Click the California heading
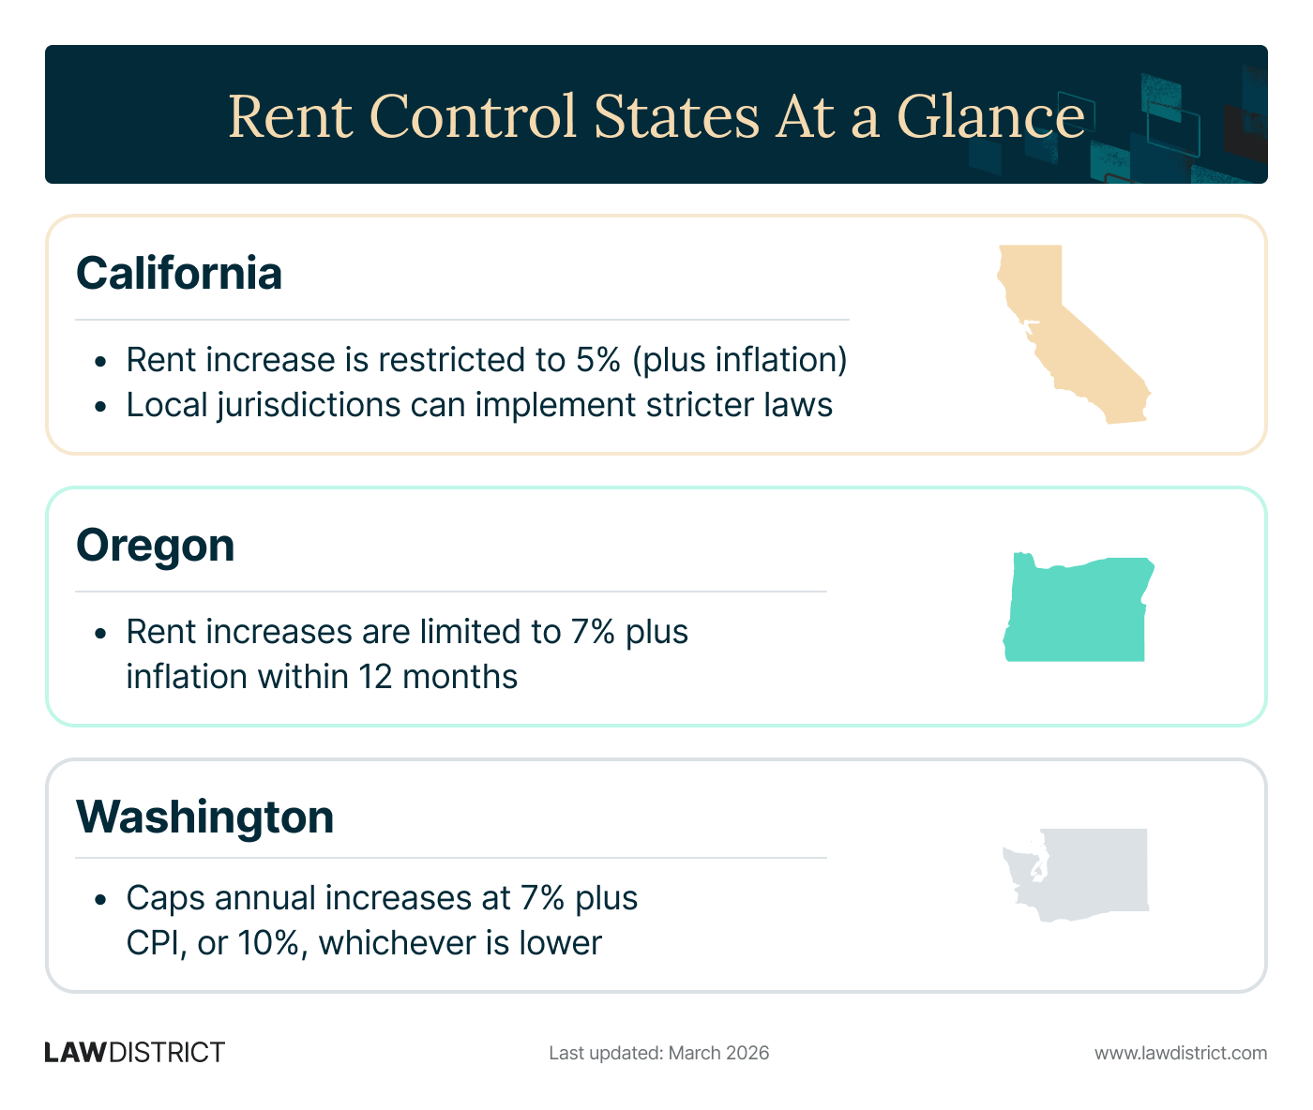[x=178, y=274]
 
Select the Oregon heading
[x=155, y=546]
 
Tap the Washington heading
[x=204, y=817]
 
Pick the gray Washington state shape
[x=1088, y=872]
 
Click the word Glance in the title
[x=990, y=116]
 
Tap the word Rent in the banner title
[x=290, y=116]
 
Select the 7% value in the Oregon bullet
[x=593, y=632]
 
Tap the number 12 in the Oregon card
[x=374, y=677]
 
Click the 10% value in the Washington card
[x=273, y=943]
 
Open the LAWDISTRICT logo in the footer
[x=135, y=1053]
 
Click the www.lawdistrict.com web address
[x=1181, y=1053]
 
